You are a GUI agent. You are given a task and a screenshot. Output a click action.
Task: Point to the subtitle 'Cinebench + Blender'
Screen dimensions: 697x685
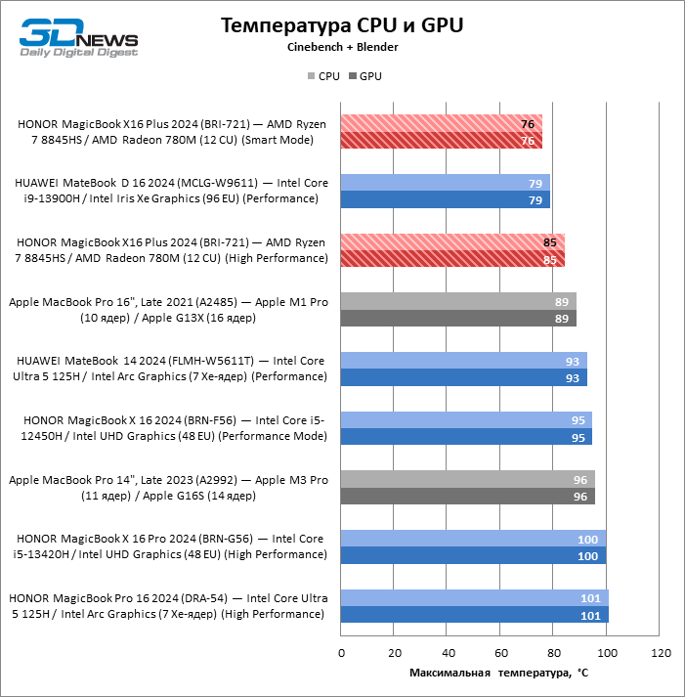[342, 47]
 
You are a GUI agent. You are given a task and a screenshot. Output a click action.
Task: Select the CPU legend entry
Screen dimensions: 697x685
[323, 75]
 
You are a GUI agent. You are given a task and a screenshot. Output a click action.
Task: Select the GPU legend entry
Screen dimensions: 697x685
[364, 75]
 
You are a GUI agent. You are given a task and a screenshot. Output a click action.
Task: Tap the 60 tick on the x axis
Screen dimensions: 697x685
[500, 652]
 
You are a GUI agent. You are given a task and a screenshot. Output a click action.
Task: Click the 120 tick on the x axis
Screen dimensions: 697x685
[660, 652]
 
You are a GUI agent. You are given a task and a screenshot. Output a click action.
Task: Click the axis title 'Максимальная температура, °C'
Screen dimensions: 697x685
[498, 673]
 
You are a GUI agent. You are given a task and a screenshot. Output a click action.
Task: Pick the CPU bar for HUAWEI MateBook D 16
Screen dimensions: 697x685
[446, 183]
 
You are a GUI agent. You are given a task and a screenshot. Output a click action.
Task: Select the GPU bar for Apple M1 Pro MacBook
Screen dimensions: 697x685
[458, 318]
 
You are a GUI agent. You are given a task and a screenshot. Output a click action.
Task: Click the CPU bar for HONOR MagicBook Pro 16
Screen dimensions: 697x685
[475, 598]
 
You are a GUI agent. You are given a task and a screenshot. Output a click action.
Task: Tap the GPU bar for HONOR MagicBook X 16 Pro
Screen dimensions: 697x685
[473, 555]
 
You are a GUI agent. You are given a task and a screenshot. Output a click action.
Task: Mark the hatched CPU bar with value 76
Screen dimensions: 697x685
[442, 123]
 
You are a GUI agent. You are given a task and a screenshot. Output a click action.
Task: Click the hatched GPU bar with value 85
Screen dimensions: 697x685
[453, 259]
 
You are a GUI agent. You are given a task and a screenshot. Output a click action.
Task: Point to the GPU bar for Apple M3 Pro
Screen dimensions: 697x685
[468, 497]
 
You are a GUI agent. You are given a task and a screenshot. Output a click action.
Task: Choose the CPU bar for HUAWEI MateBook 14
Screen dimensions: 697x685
[464, 361]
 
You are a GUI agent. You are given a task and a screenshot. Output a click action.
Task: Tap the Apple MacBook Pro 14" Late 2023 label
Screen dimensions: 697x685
[168, 488]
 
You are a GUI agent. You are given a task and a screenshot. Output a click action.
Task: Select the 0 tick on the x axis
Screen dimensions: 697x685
[341, 652]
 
